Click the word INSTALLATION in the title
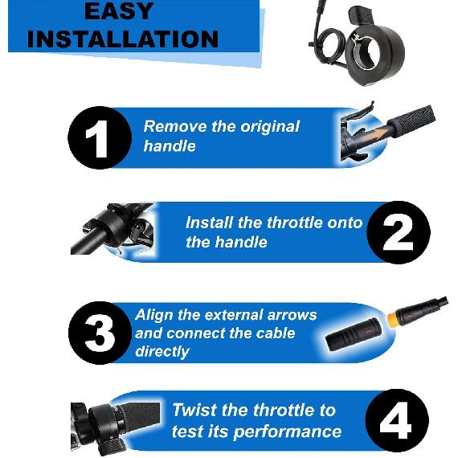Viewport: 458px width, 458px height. pyautogui.click(x=128, y=39)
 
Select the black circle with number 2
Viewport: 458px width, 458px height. pyautogui.click(x=397, y=232)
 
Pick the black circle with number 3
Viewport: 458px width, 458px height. pyautogui.click(x=99, y=333)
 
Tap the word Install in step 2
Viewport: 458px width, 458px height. pyautogui.click(x=211, y=223)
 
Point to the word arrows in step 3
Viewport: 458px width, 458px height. pyautogui.click(x=291, y=315)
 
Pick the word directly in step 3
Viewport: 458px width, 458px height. pyautogui.click(x=162, y=351)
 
